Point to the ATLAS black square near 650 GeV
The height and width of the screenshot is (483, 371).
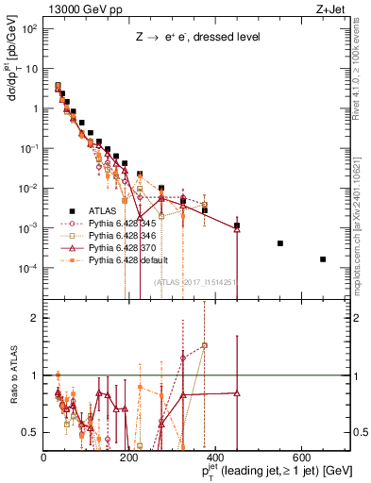coord(323,259)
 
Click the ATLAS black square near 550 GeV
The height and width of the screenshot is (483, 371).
coord(280,243)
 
